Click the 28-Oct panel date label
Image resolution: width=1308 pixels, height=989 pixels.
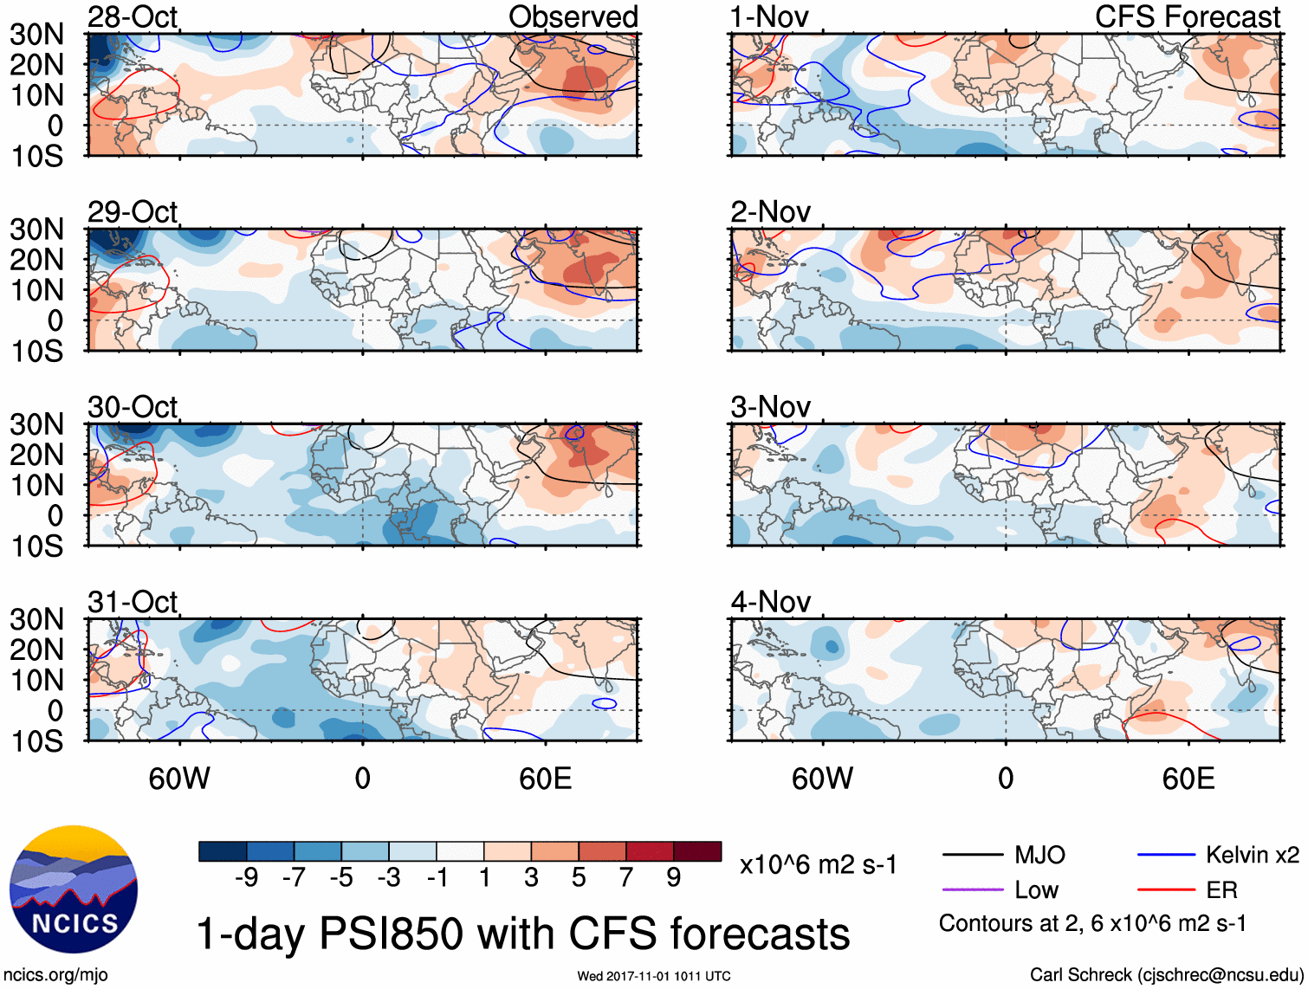[133, 16]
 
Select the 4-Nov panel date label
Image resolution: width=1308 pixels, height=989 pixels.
[770, 601]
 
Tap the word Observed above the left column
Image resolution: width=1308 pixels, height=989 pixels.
[573, 16]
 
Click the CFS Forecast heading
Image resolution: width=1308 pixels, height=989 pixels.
[1187, 16]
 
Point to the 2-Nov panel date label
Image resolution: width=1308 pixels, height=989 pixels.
[770, 211]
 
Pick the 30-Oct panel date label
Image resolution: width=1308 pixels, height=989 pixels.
[133, 406]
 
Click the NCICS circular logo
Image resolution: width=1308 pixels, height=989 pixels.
[74, 889]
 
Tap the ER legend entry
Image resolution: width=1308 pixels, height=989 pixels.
[1221, 889]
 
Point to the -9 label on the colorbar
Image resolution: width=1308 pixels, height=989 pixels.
[246, 877]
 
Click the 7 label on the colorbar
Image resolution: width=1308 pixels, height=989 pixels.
[626, 877]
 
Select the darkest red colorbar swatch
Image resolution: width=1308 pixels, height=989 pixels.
[697, 851]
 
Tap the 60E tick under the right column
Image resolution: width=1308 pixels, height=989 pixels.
[1188, 779]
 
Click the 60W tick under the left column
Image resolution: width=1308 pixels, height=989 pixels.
[179, 779]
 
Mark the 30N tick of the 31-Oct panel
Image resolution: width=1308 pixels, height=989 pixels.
[36, 619]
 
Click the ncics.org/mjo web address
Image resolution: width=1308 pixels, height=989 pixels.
[56, 974]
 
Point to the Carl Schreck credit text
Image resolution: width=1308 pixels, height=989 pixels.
[1166, 974]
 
